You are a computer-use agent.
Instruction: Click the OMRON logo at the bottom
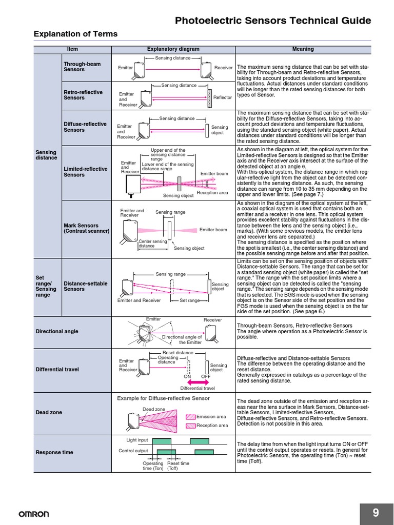[34, 514]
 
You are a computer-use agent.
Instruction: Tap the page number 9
[376, 513]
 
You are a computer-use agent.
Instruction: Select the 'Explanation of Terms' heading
[75, 34]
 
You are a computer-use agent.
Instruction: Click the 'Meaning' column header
[303, 49]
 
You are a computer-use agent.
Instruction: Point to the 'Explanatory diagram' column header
[173, 49]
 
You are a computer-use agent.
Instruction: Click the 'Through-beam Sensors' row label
[82, 67]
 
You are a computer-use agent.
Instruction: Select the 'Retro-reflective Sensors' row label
[83, 95]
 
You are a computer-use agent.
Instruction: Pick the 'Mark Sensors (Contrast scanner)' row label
[86, 228]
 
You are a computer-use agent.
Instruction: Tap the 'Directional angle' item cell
[57, 331]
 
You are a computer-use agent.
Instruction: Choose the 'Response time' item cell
[54, 452]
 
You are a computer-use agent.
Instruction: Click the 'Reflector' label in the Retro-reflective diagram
[223, 97]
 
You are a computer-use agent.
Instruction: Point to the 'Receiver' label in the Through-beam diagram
[223, 68]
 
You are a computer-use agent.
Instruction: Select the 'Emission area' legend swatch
[190, 417]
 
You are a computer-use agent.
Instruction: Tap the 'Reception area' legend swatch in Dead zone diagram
[190, 426]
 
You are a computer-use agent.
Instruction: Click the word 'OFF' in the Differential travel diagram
[206, 376]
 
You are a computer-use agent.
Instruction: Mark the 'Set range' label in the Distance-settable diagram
[189, 300]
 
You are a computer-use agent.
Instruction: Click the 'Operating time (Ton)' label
[153, 466]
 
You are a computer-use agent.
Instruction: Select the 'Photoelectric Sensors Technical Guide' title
[273, 21]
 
